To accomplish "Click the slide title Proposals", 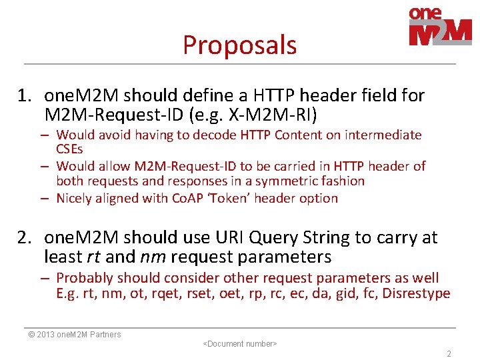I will tap(239, 45).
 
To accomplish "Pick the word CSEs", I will tap(69, 149).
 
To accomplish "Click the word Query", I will tap(275, 238).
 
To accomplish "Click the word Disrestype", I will tap(416, 294).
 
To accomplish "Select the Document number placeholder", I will tap(239, 344).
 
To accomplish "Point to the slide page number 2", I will tap(449, 354).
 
